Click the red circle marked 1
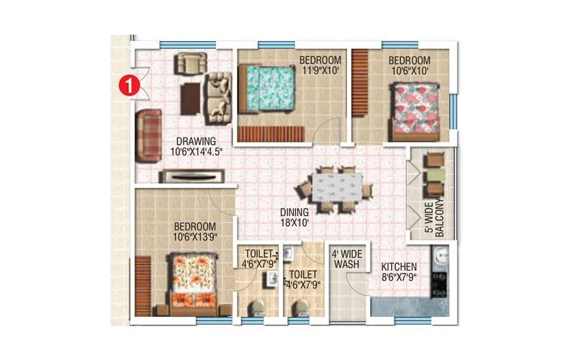click(127, 86)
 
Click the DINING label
click(294, 212)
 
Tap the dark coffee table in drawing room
click(190, 98)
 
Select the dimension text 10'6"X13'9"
click(195, 236)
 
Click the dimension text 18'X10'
click(294, 223)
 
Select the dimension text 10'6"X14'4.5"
click(197, 152)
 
